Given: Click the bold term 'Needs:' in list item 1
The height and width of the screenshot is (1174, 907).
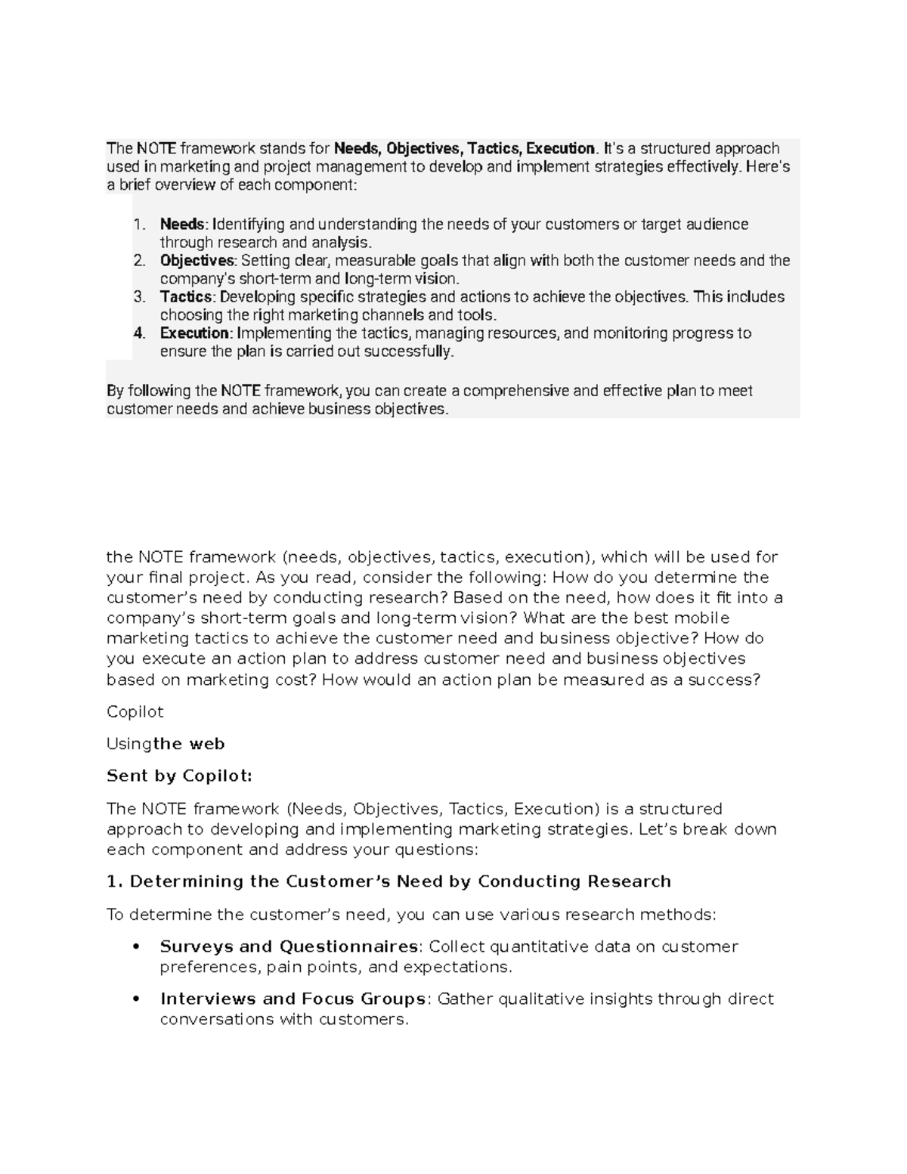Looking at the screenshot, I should coord(182,225).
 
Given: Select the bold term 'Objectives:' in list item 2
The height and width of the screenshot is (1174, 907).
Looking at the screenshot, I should coord(198,261).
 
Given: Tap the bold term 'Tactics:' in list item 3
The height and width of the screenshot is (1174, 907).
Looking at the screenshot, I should coord(188,297).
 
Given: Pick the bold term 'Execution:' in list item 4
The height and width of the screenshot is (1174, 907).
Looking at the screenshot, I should coord(196,333).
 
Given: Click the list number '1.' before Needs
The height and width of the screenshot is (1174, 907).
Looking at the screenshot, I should coord(138,225).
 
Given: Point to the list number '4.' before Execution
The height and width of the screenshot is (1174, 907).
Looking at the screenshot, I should coord(138,333).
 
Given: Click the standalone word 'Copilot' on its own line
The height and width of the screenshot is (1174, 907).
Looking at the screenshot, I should coord(135,712).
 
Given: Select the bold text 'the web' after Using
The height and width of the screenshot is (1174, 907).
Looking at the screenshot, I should coord(189,744).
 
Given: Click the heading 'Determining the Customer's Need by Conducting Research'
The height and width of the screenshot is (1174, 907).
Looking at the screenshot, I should coord(400,881).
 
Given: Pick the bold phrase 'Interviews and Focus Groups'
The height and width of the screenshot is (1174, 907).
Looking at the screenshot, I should coord(293,999).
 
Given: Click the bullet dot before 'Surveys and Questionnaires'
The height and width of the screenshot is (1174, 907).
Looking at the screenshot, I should coord(136,947).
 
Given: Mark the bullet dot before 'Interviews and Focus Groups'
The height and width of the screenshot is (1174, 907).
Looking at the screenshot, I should coord(136,999).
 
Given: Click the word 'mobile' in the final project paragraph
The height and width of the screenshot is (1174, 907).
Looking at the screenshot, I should coord(703,618).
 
